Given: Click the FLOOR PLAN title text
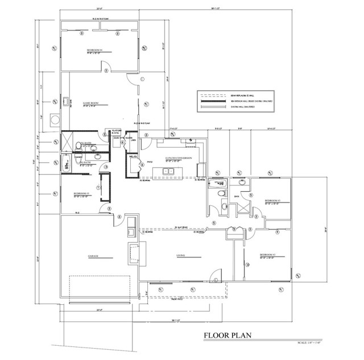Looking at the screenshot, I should pos(226,336).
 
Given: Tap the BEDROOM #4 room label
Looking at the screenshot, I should pos(94,50).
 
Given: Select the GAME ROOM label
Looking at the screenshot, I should pos(91,103).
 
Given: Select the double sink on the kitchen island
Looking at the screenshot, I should pos(169,171).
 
